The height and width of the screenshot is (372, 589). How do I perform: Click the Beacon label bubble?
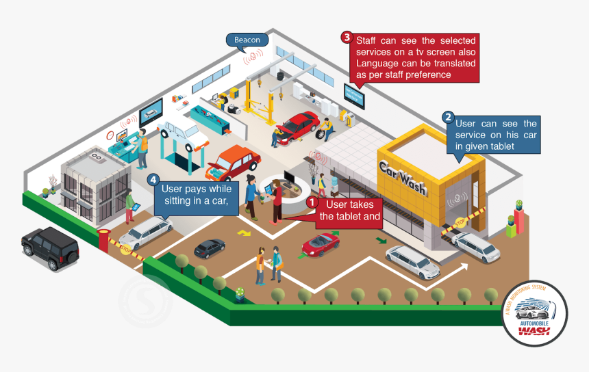point(247,40)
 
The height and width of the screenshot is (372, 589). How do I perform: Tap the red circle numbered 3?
point(347,37)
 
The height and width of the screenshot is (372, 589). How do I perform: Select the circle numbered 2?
point(448,117)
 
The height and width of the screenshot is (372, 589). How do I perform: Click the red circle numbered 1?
point(312,203)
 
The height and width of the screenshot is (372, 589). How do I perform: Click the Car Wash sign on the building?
point(403,177)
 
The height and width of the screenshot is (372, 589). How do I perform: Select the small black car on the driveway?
point(210,248)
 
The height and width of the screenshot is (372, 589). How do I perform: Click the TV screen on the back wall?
point(355,97)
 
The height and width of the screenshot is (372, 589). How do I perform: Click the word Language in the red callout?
point(376,64)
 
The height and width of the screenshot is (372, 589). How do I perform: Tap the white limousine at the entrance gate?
point(146,232)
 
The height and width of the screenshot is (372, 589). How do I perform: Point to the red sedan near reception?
point(233,162)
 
